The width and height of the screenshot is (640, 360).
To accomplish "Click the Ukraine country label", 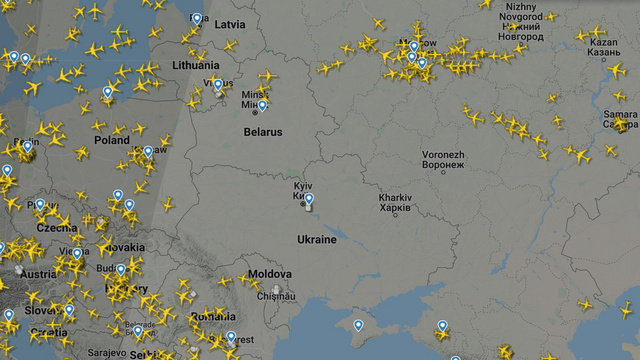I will click(316, 239).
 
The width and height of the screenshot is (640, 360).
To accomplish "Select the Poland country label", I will click(111, 141).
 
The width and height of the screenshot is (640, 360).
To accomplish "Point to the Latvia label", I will click(230, 23).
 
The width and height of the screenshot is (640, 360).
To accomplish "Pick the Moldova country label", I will click(269, 274).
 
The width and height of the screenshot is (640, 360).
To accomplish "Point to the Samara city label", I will click(620, 115).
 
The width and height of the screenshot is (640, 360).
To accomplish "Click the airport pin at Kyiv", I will click(309, 200).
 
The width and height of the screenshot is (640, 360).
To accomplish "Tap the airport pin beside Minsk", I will click(262, 105).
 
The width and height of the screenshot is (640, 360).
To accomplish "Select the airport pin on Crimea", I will click(358, 324).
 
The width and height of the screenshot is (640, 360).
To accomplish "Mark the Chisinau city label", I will click(276, 295).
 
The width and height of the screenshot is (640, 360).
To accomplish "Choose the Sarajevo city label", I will click(105, 352).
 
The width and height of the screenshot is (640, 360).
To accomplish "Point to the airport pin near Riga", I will click(196, 18).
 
